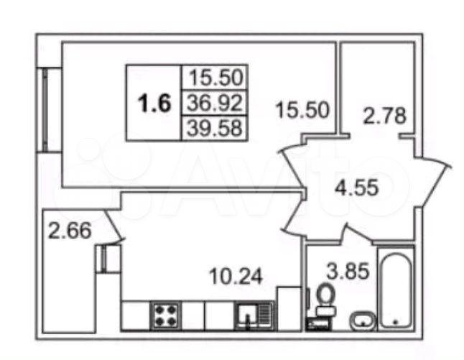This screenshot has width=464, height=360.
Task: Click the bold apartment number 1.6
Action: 154,103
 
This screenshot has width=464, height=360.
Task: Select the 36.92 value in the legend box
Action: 215,103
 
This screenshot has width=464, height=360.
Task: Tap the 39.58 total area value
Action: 215,128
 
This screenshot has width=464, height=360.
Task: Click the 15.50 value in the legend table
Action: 215,77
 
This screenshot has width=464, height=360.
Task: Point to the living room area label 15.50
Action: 302,110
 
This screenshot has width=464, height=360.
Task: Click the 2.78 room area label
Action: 385,116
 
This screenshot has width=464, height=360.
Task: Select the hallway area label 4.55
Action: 357,187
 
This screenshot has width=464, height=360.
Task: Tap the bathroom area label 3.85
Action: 348,271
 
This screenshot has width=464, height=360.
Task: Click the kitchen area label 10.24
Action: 236,277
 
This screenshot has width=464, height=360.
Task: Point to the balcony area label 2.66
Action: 70,231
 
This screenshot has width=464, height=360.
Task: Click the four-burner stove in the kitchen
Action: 165,315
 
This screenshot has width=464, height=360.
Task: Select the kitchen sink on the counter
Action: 254,315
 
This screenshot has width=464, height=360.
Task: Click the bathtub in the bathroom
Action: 396,288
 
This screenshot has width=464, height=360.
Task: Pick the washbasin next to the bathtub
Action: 363,320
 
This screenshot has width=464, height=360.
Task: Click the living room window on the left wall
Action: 45,110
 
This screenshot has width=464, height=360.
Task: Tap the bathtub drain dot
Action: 395,321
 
